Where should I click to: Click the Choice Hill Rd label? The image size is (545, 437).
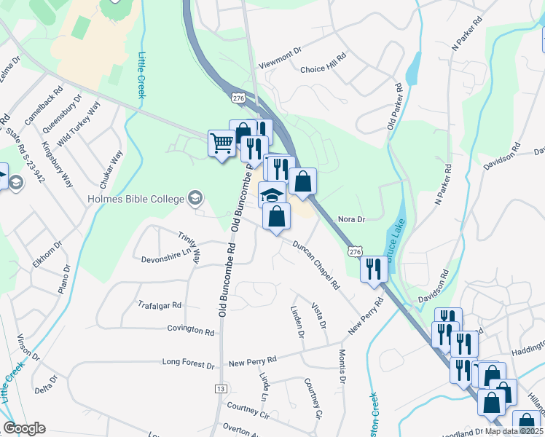322,70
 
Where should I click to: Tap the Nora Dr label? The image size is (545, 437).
350,219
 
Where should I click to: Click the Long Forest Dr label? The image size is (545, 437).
189,362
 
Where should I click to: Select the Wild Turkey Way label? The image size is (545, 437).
83,122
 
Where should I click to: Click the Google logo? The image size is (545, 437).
25,428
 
